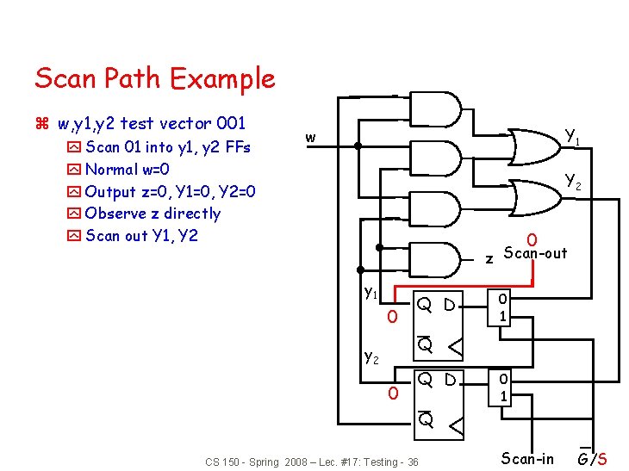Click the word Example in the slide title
222,79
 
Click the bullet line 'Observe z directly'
153,214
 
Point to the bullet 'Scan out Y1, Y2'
141,235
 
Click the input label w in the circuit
310,137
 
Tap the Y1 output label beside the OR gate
572,136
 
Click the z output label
489,257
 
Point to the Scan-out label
535,253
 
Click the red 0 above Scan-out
532,239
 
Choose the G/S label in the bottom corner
592,458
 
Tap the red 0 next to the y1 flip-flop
392,318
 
